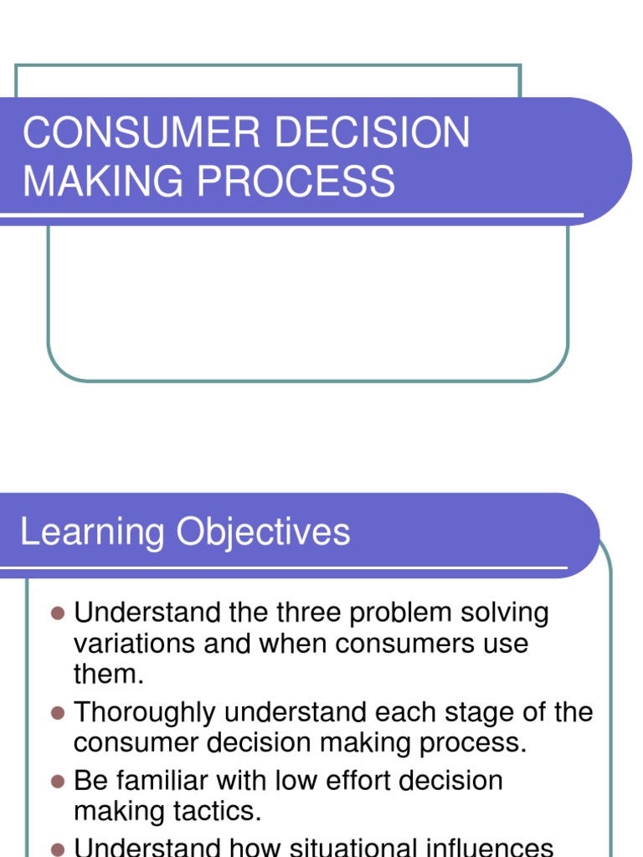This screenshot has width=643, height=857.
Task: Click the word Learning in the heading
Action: pos(92,533)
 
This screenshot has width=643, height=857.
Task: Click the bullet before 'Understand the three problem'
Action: pos(58,613)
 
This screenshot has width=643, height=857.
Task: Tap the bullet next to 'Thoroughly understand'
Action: pos(58,713)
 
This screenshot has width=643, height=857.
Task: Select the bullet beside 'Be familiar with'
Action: pos(58,781)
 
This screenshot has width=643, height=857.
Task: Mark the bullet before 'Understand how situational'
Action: pos(58,847)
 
